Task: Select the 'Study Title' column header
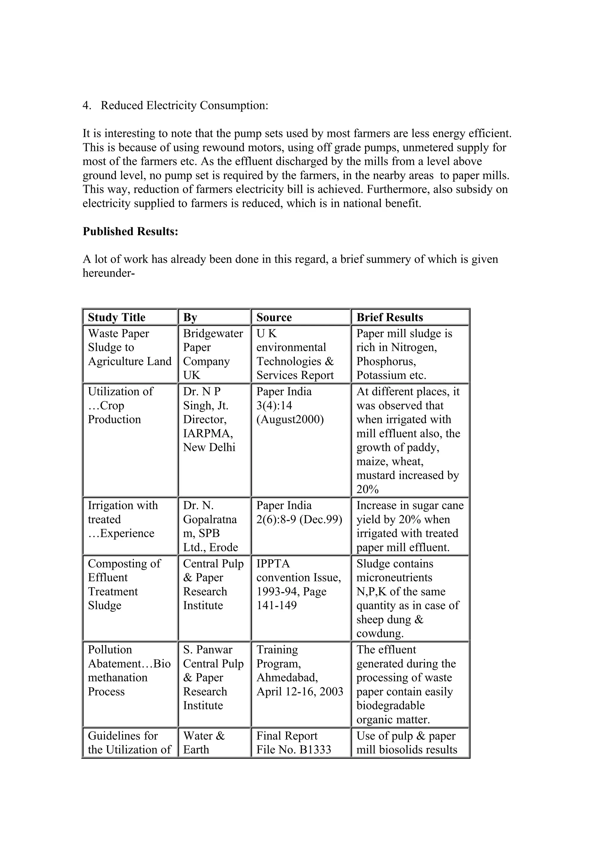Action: (x=116, y=317)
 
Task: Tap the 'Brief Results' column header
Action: (x=389, y=317)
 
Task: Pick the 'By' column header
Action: (x=190, y=317)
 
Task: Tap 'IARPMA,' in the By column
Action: (x=208, y=433)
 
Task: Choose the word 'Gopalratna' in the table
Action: (x=210, y=519)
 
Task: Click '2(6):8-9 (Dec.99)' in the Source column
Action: (x=299, y=519)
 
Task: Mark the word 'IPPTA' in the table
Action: (x=272, y=563)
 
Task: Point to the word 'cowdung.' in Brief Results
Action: (x=380, y=633)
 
